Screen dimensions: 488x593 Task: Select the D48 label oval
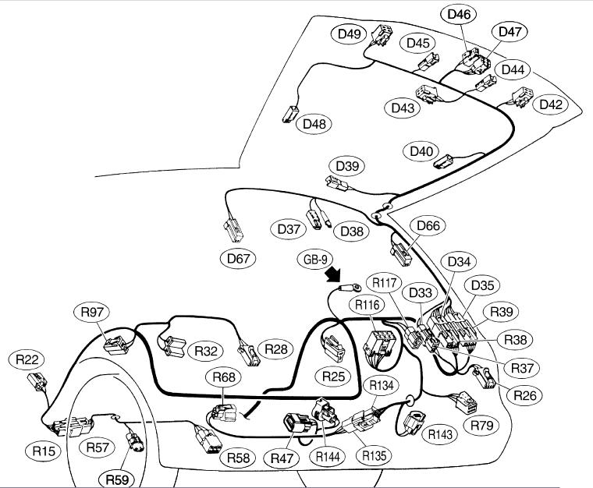click(315, 123)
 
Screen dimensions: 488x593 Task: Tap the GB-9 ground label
click(314, 258)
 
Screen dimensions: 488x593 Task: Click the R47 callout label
click(280, 458)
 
